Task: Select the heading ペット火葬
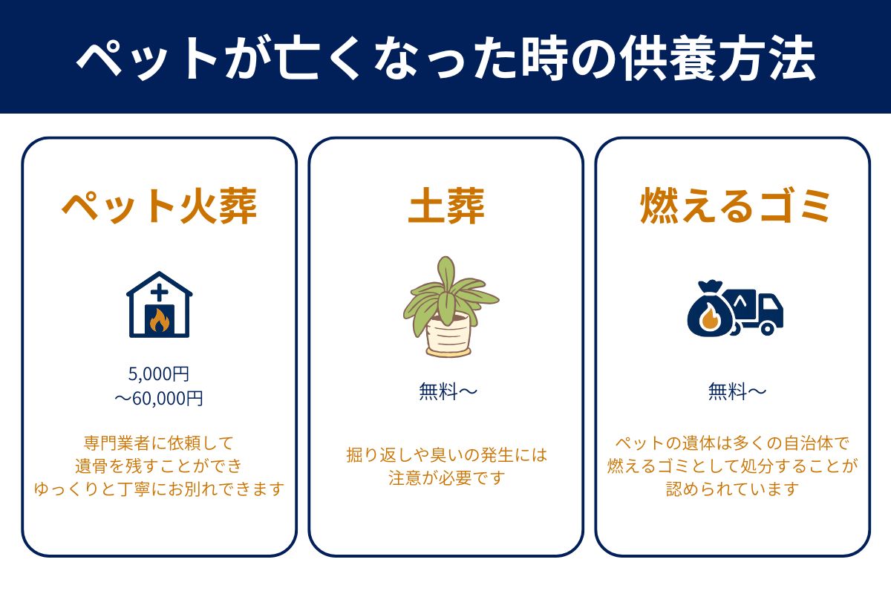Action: click(x=159, y=206)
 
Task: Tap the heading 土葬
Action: click(x=446, y=206)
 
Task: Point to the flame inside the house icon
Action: click(x=159, y=320)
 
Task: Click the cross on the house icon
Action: click(x=159, y=292)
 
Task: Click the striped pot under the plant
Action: click(x=448, y=335)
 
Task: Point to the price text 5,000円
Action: click(x=159, y=373)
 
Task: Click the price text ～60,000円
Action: click(x=159, y=399)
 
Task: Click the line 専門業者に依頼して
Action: click(x=159, y=443)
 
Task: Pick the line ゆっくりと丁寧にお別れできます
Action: click(x=159, y=489)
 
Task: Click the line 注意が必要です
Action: click(x=446, y=477)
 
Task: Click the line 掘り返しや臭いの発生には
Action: click(x=446, y=454)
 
